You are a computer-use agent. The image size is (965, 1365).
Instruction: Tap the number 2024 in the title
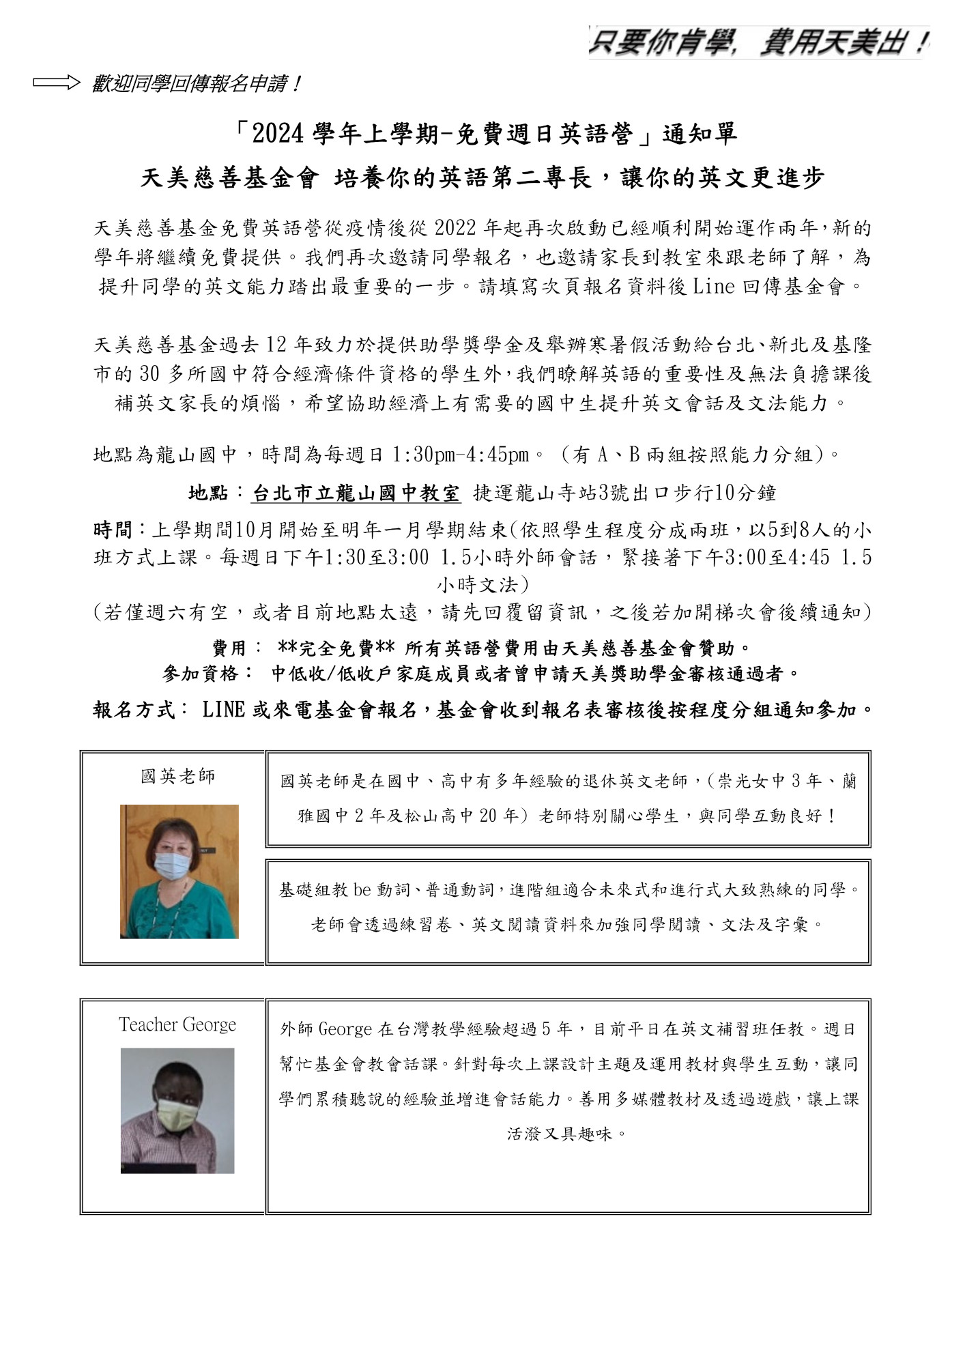(x=276, y=134)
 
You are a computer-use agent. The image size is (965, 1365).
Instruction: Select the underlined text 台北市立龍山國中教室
(x=356, y=493)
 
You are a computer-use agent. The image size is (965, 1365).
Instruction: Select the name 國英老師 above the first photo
(x=177, y=776)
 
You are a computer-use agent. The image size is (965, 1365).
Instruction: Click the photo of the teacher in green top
(x=179, y=871)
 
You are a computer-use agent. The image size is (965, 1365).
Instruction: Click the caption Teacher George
(x=177, y=1024)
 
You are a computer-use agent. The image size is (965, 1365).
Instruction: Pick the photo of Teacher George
(x=177, y=1110)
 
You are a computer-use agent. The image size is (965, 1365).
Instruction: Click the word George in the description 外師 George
(x=345, y=1029)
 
